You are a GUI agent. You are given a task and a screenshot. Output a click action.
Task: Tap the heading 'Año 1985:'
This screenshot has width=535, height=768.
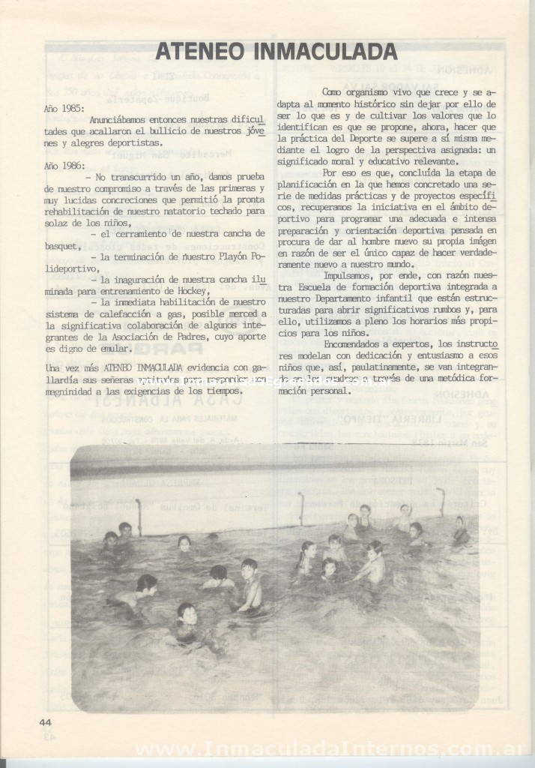62,108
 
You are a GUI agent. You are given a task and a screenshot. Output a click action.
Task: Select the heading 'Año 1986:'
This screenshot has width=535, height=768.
62,164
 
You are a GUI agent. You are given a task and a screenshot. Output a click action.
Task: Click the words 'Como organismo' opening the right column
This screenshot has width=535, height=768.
355,91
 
